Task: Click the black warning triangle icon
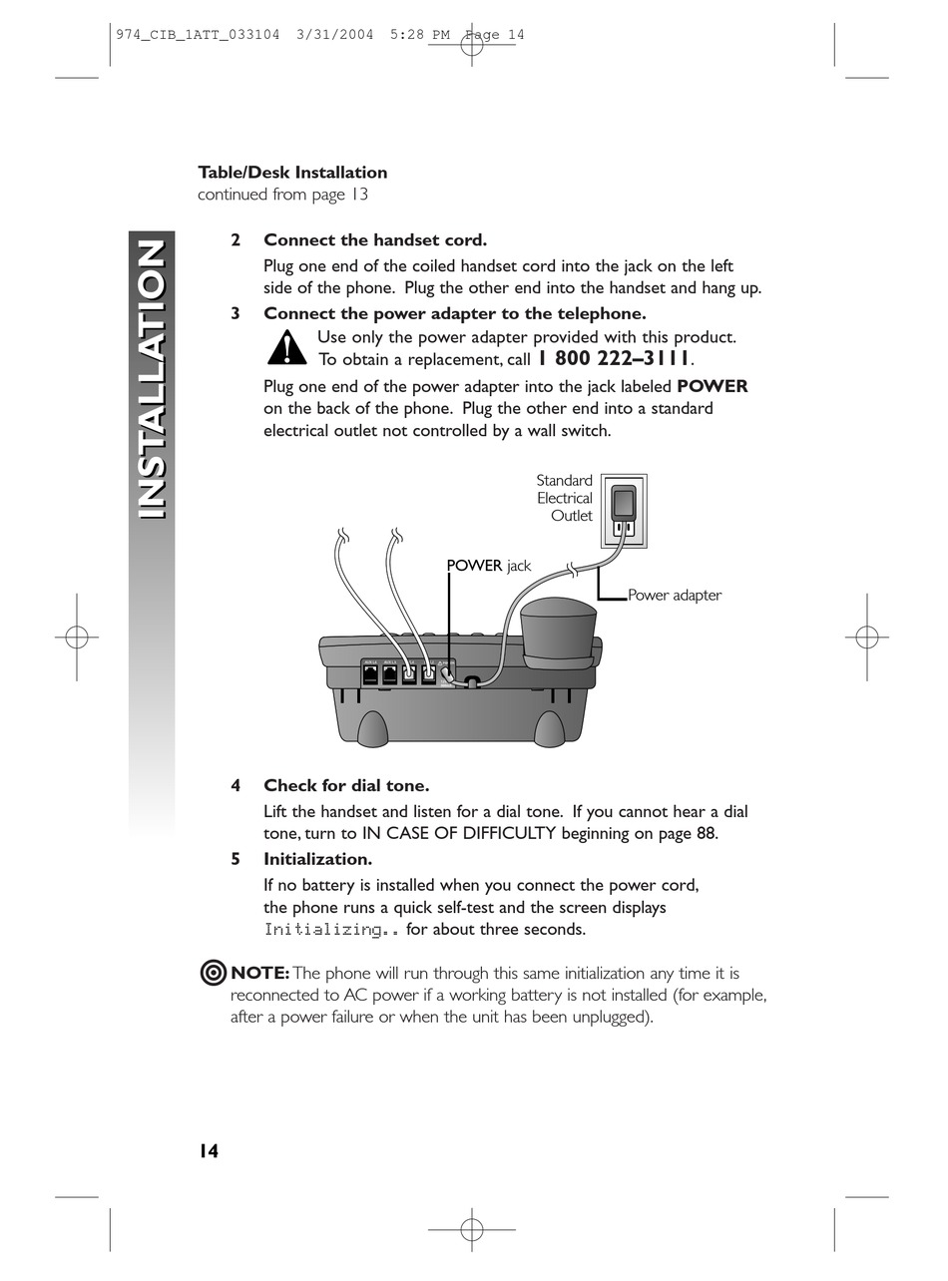point(287,348)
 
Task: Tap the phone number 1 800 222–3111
point(613,359)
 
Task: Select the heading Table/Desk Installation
point(292,173)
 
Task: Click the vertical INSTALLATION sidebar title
point(151,380)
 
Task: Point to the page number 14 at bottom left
point(208,1151)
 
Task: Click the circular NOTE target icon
point(213,973)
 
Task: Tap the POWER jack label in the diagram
point(488,566)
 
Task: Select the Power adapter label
point(675,596)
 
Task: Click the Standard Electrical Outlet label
point(565,498)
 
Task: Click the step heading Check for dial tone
point(346,785)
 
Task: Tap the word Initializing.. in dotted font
point(332,930)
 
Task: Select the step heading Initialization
point(317,859)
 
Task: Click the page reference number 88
point(706,834)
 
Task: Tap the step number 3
point(236,313)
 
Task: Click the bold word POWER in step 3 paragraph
point(712,386)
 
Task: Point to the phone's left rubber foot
point(372,729)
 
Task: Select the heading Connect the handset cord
point(375,240)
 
